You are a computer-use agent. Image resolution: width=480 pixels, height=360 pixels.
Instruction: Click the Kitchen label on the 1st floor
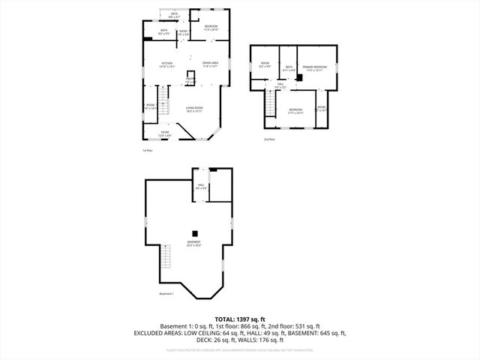[x=166, y=64]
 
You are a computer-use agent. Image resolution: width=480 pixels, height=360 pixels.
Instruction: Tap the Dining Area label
[x=210, y=64]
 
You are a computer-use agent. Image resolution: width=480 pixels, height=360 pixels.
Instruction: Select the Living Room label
[x=196, y=109]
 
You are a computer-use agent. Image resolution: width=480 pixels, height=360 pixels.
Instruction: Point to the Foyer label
[x=164, y=133]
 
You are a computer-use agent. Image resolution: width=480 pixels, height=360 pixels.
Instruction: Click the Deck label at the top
[x=174, y=14]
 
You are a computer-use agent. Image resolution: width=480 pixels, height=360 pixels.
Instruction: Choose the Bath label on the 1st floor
[x=164, y=31]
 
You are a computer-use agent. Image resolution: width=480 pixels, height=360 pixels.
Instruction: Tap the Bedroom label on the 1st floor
[x=211, y=28]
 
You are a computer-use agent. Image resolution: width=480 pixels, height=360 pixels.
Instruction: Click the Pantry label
[x=190, y=79]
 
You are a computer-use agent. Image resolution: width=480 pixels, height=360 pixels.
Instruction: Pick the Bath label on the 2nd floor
[x=288, y=68]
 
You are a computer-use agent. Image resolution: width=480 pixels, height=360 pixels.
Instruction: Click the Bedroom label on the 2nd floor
[x=295, y=112]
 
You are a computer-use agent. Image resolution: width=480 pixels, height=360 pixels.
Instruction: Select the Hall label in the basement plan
[x=201, y=185]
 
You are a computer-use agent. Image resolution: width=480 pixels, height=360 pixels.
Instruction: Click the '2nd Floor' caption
[x=269, y=139]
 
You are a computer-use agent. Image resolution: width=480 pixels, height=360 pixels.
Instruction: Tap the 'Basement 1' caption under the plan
[x=166, y=293]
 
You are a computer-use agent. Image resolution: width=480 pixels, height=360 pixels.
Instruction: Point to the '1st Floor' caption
[x=148, y=151]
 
